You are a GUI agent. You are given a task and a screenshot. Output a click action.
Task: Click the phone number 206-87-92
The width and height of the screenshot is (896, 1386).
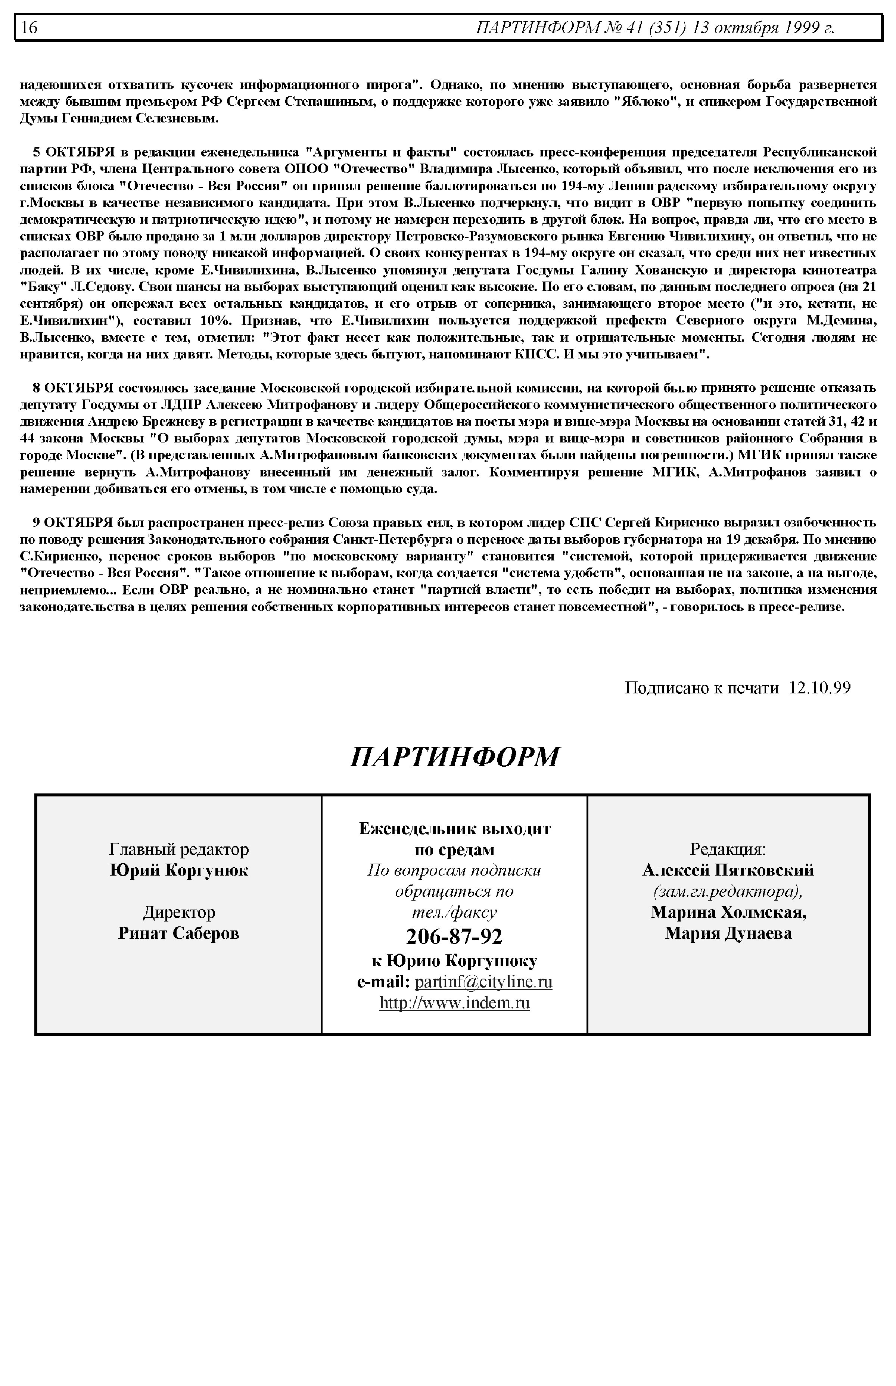point(454,936)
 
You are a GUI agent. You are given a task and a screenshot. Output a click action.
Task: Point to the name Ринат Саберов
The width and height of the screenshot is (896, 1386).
point(178,933)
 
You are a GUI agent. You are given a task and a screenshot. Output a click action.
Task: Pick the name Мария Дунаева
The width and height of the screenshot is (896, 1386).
point(728,933)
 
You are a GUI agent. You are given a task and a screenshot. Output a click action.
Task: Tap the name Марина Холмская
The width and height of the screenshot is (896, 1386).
point(728,912)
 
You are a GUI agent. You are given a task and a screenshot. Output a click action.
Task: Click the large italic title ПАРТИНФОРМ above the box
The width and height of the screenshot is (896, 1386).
point(454,757)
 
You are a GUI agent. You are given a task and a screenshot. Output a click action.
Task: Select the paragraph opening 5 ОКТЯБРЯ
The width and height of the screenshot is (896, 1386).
point(448,253)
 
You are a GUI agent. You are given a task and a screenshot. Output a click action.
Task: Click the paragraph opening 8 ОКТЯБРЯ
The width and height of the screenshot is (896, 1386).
point(448,438)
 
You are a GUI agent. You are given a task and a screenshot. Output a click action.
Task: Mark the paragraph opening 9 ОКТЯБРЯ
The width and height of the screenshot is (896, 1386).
point(448,565)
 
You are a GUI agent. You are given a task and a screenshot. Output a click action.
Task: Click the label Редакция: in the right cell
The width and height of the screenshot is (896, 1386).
point(728,849)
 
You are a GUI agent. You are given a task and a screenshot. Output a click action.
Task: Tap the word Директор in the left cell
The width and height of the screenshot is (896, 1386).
point(178,912)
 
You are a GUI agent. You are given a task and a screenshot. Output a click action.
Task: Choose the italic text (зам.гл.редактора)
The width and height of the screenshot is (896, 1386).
point(728,891)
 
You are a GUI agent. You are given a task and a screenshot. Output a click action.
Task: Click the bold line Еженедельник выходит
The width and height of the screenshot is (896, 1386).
point(454,829)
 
